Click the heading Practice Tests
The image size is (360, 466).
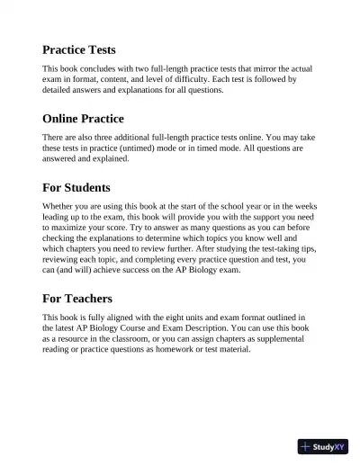click(x=79, y=49)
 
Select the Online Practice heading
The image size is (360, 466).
click(x=84, y=118)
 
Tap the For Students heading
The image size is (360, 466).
click(x=76, y=188)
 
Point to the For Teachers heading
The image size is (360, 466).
click(x=77, y=298)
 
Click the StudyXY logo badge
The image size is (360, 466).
click(x=323, y=446)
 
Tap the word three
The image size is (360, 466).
click(x=108, y=138)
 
